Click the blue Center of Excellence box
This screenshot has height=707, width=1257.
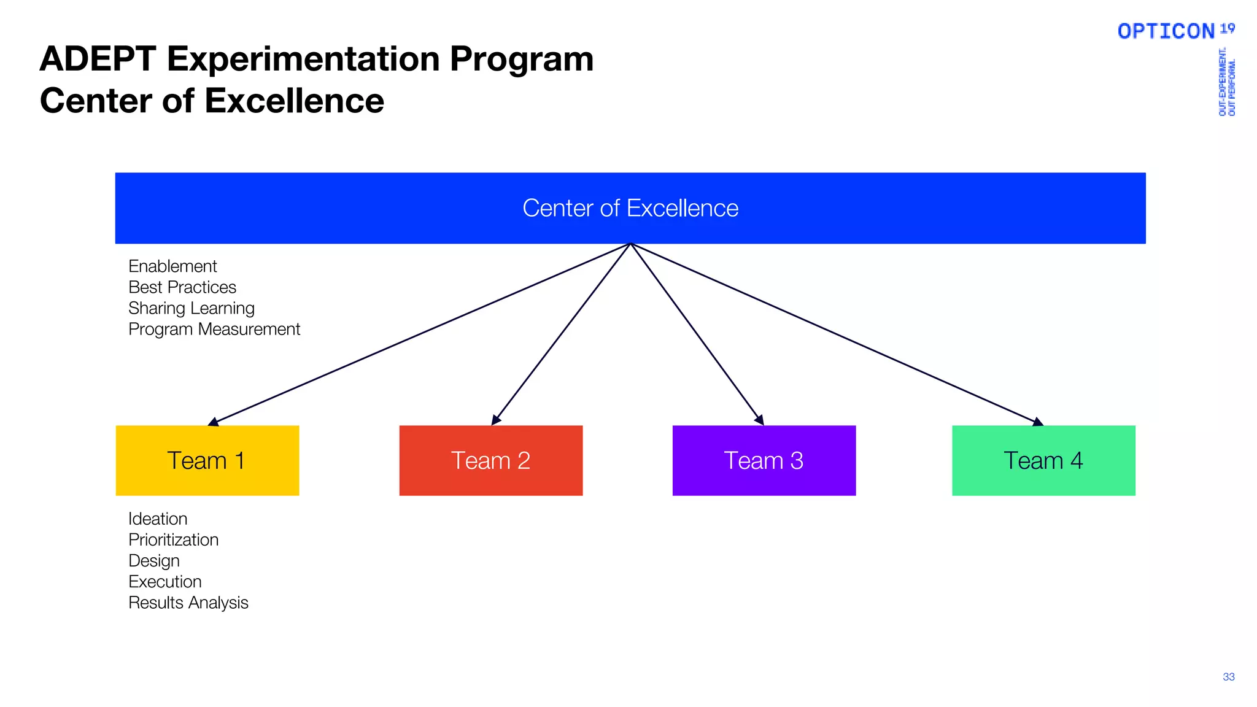pyautogui.click(x=630, y=208)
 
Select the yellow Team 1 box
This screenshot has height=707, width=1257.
pyautogui.click(x=207, y=460)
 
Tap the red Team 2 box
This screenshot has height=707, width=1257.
pyautogui.click(x=490, y=460)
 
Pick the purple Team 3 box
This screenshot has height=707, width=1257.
pyautogui.click(x=764, y=460)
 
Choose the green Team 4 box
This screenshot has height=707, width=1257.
pyautogui.click(x=1043, y=460)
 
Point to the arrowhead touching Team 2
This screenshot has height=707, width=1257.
pyautogui.click(x=496, y=420)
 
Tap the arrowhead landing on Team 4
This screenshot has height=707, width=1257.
pyautogui.click(x=1037, y=422)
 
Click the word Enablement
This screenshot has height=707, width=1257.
pyautogui.click(x=172, y=266)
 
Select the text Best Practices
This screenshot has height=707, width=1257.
pyautogui.click(x=182, y=287)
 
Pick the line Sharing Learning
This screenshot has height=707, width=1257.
pyautogui.click(x=191, y=308)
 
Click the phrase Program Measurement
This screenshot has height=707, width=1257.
pyautogui.click(x=214, y=329)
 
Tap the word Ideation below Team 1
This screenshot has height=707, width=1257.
pyautogui.click(x=158, y=519)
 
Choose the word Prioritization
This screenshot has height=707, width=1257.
pyautogui.click(x=173, y=539)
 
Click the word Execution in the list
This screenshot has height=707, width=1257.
pyautogui.click(x=164, y=581)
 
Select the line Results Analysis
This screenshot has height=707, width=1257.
pyautogui.click(x=188, y=603)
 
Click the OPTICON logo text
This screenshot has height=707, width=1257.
pyautogui.click(x=1166, y=31)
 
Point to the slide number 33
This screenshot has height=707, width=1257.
pyautogui.click(x=1228, y=677)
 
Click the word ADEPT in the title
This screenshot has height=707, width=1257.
pyautogui.click(x=98, y=60)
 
